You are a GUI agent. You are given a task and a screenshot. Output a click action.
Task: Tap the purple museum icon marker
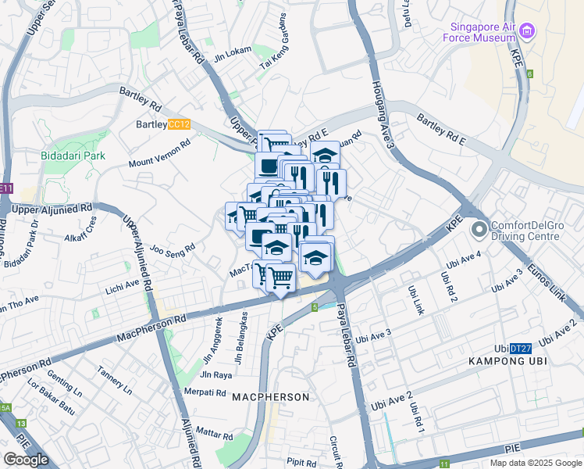(529, 31)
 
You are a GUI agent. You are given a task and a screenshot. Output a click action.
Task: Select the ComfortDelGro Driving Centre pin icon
(479, 230)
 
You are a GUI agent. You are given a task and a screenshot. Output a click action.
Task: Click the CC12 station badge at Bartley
(180, 124)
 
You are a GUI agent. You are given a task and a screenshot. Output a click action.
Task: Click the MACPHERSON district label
(270, 397)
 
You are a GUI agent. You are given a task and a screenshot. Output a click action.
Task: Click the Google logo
(26, 460)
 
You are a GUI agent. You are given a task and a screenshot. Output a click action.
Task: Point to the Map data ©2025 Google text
(535, 463)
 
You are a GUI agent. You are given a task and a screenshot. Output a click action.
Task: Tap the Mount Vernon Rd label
(159, 154)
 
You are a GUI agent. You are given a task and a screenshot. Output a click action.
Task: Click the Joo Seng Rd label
(173, 251)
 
